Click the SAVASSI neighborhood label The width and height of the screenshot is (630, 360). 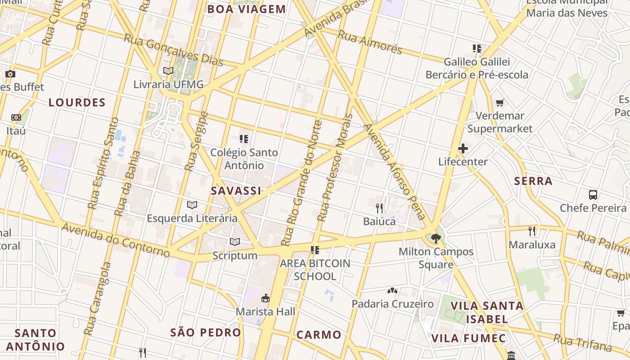click(236, 191)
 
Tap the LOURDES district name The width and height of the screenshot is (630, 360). click(77, 103)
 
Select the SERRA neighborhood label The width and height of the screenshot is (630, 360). click(533, 181)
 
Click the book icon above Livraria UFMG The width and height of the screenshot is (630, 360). click(168, 71)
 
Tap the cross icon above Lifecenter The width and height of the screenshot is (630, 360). click(463, 148)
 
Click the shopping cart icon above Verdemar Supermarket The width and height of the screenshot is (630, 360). click(499, 103)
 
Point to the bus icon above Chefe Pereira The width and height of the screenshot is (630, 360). click(593, 195)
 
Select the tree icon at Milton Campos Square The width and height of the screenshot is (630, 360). click(435, 238)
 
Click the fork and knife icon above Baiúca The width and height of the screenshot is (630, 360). click(379, 208)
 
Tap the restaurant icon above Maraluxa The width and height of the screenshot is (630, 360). click(532, 231)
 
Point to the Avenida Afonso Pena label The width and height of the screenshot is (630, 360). click(396, 171)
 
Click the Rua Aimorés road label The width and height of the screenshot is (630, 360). click(369, 42)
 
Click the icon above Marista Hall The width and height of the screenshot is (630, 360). click(265, 298)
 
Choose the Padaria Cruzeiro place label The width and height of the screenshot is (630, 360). click(392, 304)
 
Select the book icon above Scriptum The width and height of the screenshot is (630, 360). click(235, 242)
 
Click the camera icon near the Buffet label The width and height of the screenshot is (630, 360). click(10, 74)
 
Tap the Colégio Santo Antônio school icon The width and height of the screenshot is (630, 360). click(244, 139)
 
